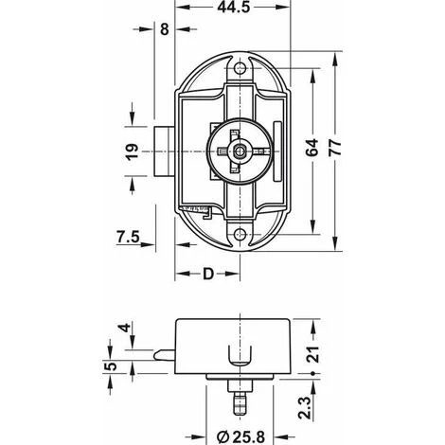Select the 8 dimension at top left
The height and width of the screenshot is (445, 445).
(x=164, y=29)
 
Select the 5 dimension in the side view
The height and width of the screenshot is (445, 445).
(x=109, y=365)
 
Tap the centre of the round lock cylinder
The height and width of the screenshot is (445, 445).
(x=240, y=149)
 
